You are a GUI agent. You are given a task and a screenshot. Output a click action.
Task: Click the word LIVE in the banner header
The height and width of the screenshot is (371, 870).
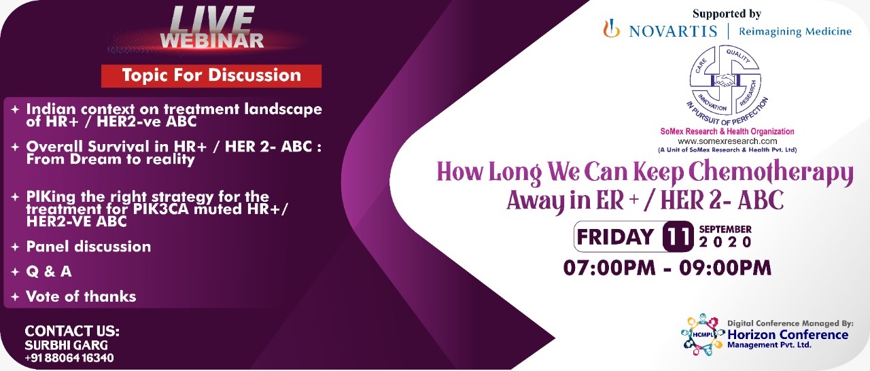pyautogui.click(x=212, y=20)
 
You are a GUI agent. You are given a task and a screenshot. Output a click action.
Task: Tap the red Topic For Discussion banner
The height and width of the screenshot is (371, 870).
pyautogui.click(x=211, y=75)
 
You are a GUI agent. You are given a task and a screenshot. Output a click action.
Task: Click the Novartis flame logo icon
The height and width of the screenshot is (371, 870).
pyautogui.click(x=611, y=29)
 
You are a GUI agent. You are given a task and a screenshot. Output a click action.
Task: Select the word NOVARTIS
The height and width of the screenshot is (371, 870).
pyautogui.click(x=673, y=31)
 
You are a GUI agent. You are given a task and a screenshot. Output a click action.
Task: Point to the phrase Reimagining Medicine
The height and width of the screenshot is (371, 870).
pyautogui.click(x=795, y=31)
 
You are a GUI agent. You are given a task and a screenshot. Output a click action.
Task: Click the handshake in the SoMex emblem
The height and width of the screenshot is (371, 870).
pyautogui.click(x=725, y=81)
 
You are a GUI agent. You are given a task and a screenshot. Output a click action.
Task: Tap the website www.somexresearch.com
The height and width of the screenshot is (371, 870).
pyautogui.click(x=727, y=141)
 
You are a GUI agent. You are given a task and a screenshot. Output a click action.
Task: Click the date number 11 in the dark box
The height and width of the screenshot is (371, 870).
pyautogui.click(x=678, y=236)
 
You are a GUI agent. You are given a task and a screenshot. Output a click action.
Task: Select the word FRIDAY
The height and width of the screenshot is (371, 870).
pyautogui.click(x=616, y=236)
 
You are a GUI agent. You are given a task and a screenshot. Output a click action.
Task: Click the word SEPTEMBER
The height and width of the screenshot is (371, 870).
pyautogui.click(x=725, y=229)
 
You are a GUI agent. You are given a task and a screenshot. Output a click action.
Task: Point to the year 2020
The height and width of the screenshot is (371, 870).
pyautogui.click(x=725, y=243)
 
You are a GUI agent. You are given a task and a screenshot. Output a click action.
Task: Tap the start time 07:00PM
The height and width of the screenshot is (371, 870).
pyautogui.click(x=609, y=268)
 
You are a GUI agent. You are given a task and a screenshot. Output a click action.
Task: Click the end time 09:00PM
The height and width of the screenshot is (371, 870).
pyautogui.click(x=725, y=268)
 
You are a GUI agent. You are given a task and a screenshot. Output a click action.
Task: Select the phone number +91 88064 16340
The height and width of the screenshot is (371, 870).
pyautogui.click(x=69, y=358)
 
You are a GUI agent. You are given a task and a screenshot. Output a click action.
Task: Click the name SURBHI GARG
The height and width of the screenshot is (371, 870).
pyautogui.click(x=67, y=345)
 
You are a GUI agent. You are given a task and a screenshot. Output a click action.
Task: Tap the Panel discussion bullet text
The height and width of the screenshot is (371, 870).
pyautogui.click(x=88, y=247)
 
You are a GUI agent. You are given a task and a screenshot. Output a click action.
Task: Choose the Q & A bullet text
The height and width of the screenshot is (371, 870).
pyautogui.click(x=49, y=271)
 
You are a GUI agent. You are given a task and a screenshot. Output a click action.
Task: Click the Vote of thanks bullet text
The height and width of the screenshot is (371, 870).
pyautogui.click(x=81, y=296)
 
